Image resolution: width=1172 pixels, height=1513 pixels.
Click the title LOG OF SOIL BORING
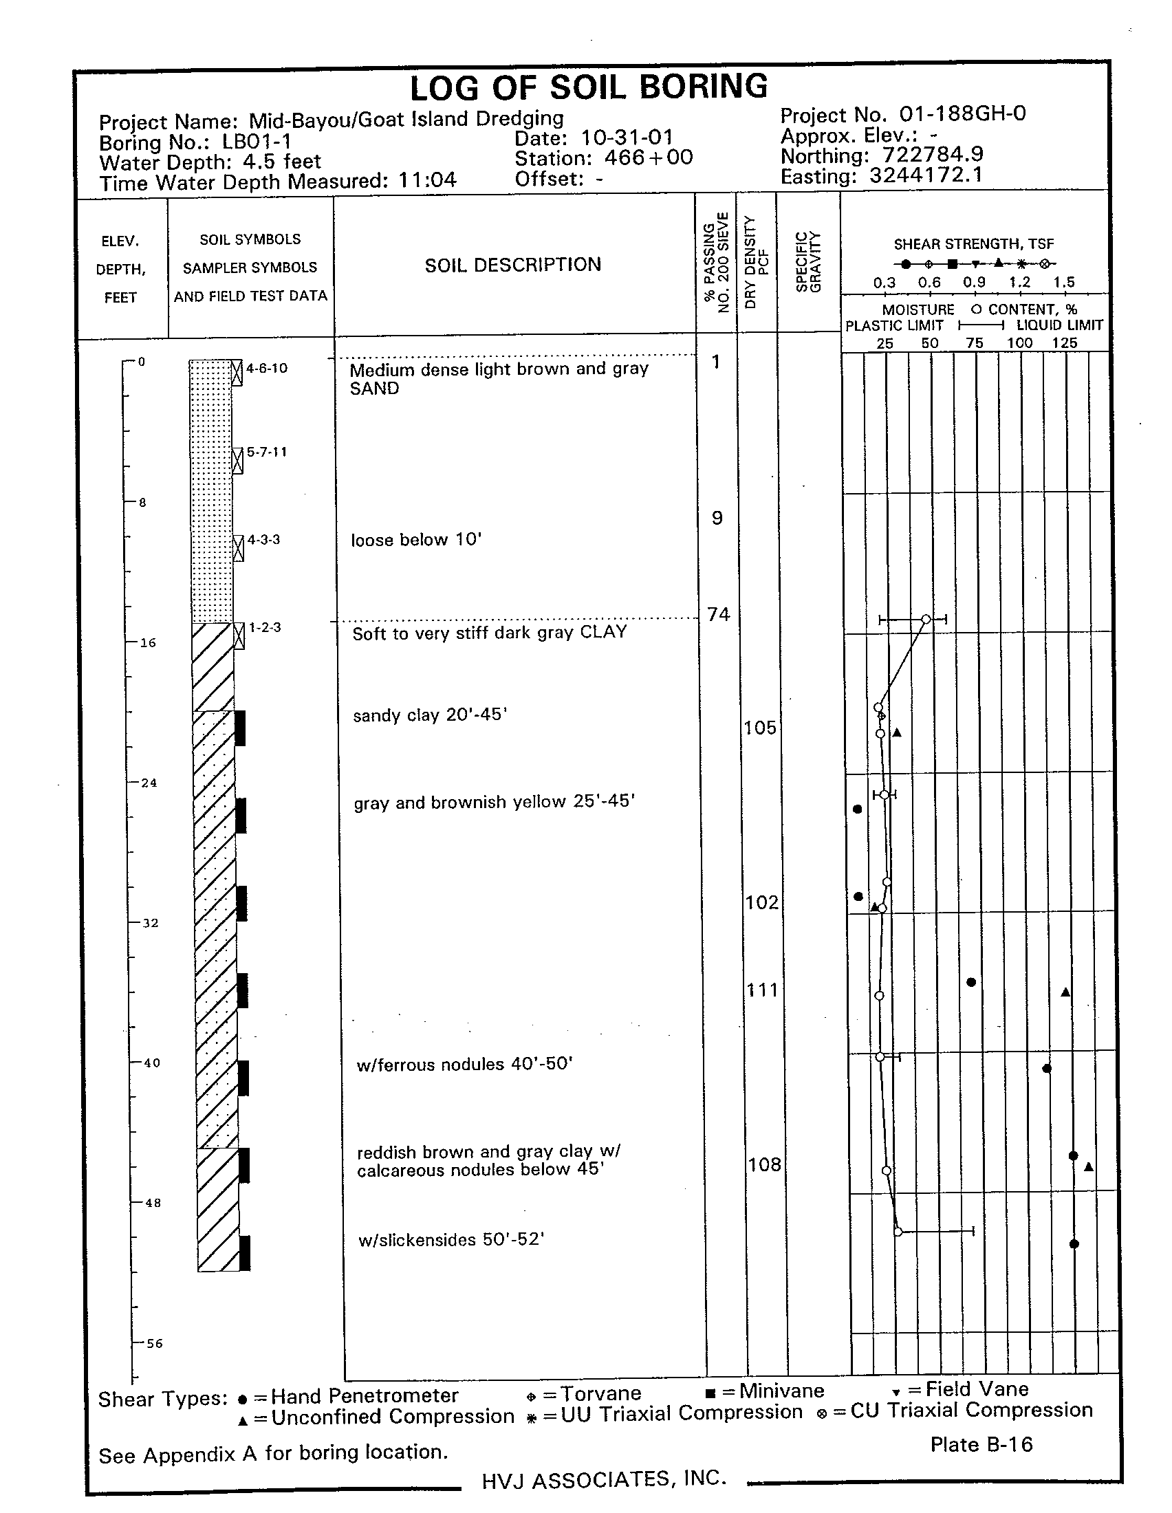589,88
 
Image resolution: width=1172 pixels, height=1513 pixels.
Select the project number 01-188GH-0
962,113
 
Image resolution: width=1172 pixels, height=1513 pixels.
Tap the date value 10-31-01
627,137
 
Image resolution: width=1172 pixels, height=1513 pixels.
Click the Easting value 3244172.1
926,175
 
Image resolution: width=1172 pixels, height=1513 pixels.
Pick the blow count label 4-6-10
267,368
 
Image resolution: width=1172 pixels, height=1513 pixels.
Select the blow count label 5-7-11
267,452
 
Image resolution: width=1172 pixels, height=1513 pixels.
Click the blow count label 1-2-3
265,628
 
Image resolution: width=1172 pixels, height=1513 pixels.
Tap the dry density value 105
760,728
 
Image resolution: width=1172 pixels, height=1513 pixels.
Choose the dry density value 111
762,990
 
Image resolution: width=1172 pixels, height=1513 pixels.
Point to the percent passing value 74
719,614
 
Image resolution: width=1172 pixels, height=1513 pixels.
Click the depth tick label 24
149,783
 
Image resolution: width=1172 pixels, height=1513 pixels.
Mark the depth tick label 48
153,1204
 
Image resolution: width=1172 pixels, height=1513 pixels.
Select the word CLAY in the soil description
603,632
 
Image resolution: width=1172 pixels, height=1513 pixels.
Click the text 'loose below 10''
415,540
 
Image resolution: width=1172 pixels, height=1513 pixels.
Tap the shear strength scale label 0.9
974,282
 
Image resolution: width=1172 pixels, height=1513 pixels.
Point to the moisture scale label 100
1019,343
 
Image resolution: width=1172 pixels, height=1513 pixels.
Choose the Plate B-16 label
981,1444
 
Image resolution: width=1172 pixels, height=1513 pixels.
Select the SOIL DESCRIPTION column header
512,265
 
